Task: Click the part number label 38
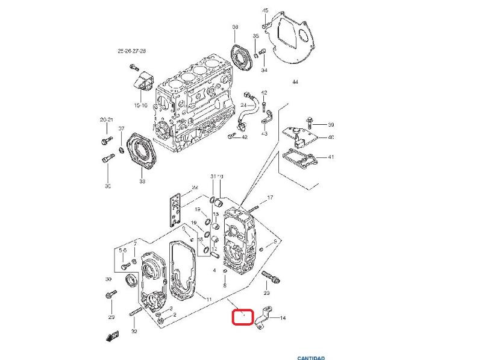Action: pyautogui.click(x=235, y=27)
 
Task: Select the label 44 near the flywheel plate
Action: pyautogui.click(x=295, y=81)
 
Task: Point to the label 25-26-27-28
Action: pyautogui.click(x=132, y=52)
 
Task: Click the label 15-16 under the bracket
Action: pyautogui.click(x=140, y=106)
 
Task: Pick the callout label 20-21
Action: pyautogui.click(x=106, y=120)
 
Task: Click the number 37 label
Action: pyautogui.click(x=121, y=128)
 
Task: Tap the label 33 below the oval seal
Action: pyautogui.click(x=142, y=181)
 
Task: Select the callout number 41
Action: pyautogui.click(x=331, y=157)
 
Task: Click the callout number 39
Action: pyautogui.click(x=331, y=125)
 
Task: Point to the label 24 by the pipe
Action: pyautogui.click(x=243, y=105)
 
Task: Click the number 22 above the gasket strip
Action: pyautogui.click(x=195, y=187)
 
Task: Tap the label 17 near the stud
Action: pyautogui.click(x=270, y=197)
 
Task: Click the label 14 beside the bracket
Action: pyautogui.click(x=283, y=318)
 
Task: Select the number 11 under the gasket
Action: pyautogui.click(x=208, y=300)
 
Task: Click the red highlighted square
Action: pyautogui.click(x=243, y=317)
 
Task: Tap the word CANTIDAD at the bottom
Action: pyautogui.click(x=311, y=358)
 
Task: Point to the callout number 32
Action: pyautogui.click(x=134, y=332)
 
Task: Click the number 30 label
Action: pyautogui.click(x=108, y=279)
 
